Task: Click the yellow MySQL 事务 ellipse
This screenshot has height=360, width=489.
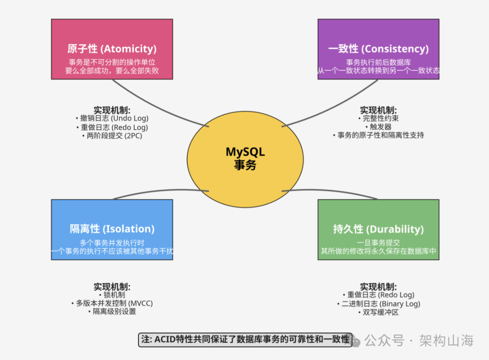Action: (x=245, y=158)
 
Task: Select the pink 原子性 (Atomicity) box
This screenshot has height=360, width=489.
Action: (x=112, y=49)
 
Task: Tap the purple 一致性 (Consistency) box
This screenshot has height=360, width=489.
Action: (x=378, y=49)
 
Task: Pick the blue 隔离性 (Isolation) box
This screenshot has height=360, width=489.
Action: (x=112, y=229)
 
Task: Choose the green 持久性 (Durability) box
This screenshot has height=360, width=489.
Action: (x=378, y=229)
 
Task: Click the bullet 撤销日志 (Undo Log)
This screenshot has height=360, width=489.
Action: (x=112, y=119)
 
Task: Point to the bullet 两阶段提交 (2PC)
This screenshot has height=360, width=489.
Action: (x=112, y=135)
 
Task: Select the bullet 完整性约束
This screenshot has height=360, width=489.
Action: (x=378, y=119)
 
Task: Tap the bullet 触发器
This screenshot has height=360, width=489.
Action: (x=378, y=127)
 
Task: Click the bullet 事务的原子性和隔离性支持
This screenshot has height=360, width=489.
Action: (x=378, y=135)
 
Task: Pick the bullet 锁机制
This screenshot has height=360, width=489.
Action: (x=112, y=295)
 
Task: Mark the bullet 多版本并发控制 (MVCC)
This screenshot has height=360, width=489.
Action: (x=112, y=303)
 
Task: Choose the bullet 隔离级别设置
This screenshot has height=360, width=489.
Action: (x=112, y=312)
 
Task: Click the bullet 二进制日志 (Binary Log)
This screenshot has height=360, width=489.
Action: (x=378, y=303)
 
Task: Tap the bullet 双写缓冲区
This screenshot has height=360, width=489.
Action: (x=378, y=312)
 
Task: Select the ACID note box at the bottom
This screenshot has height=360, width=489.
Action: (x=244, y=340)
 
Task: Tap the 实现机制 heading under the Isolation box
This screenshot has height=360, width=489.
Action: (x=112, y=287)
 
